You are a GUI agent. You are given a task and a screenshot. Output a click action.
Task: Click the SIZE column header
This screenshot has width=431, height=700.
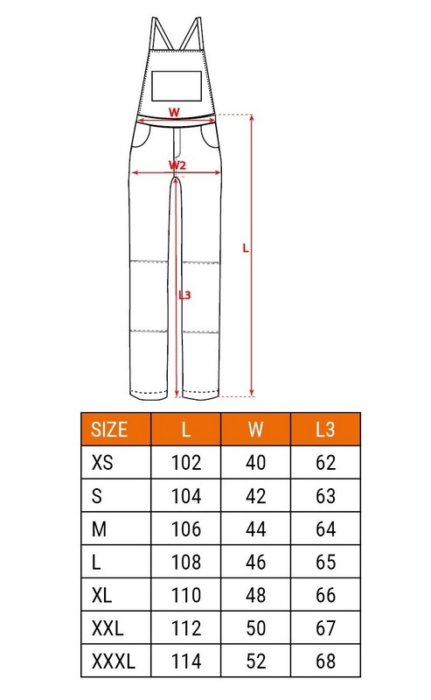[x=109, y=429]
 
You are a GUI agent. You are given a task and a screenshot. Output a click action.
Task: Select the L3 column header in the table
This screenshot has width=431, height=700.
[x=325, y=429]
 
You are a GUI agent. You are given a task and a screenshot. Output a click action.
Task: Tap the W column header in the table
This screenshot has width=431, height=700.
[x=255, y=429]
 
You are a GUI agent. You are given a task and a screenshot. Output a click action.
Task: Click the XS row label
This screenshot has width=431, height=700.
[x=102, y=463]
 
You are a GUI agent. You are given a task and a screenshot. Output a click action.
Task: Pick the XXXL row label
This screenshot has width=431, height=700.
[x=114, y=661]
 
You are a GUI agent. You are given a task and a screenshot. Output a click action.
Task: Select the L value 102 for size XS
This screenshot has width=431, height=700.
[x=186, y=463]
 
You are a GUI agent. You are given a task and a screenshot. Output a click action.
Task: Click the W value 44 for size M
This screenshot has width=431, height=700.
[x=255, y=529]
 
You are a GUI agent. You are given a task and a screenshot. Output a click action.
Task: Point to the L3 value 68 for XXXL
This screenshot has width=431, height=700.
[x=325, y=661]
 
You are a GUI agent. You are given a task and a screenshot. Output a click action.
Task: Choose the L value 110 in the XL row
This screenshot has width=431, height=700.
[x=186, y=595]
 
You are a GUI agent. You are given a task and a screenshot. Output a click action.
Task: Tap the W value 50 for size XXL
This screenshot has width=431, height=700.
[x=255, y=627]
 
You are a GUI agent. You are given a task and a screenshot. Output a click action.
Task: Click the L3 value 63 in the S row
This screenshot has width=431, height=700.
[x=325, y=496]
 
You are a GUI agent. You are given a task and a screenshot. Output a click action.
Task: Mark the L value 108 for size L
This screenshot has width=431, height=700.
[x=186, y=562]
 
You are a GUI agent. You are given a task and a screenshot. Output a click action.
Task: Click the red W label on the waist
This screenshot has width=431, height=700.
[x=174, y=112]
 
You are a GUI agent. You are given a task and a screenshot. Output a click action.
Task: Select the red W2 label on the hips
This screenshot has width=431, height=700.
[x=177, y=164]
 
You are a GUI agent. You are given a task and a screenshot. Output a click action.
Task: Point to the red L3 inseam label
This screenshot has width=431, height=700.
[x=184, y=295]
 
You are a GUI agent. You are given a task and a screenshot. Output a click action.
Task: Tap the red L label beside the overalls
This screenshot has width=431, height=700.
[x=246, y=248]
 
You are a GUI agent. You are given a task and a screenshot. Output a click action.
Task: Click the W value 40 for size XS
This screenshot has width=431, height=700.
[x=255, y=463]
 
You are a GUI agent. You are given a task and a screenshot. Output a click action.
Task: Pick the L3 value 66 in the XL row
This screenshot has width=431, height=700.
[x=325, y=595]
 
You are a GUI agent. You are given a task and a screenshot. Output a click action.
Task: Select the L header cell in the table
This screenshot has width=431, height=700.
[x=186, y=429]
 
